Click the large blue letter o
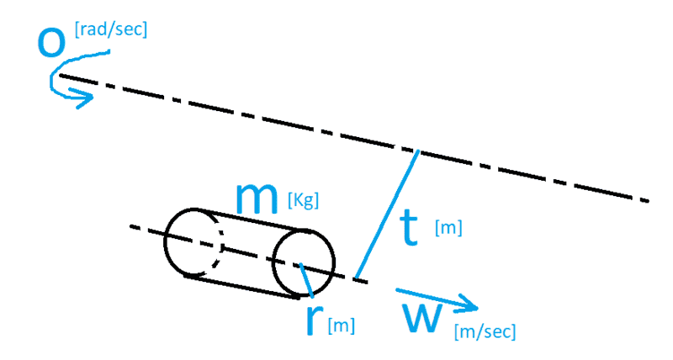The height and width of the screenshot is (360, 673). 51,44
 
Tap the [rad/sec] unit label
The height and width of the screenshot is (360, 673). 111,29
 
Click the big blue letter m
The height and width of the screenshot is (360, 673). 257,198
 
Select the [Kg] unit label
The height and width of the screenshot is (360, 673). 303,200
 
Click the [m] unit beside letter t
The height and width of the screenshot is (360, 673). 448,227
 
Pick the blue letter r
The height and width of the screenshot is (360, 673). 315,320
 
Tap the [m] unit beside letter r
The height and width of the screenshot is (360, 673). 342,326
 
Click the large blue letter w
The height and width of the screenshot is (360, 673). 422,318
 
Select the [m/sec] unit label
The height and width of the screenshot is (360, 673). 485,331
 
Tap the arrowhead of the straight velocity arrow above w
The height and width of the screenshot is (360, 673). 470,304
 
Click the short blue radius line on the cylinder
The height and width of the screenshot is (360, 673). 306,280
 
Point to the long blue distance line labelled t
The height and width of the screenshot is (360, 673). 387,214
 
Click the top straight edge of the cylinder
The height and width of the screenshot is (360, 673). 250,220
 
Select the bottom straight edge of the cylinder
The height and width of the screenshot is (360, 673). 241,286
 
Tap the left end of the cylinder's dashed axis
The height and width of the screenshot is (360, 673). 131,226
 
